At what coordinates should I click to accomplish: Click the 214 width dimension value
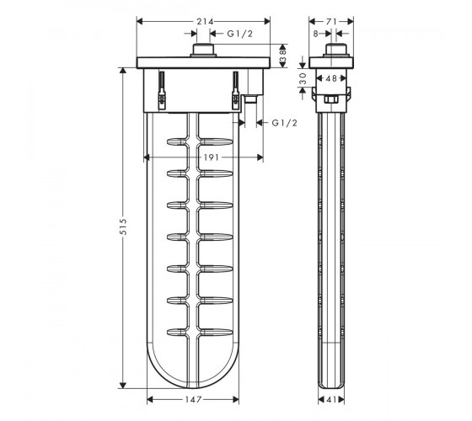pos(205,22)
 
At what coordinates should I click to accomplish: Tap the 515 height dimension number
pos(123,226)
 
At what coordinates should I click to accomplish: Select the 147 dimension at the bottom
pos(193,400)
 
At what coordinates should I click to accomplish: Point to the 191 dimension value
pos(211,157)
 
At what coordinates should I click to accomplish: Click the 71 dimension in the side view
pos(331,22)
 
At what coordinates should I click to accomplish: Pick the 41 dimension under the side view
pos(331,400)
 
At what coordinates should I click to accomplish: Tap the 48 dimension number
pos(331,78)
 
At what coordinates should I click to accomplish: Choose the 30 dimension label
pos(303,79)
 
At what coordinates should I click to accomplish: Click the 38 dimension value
pos(283,56)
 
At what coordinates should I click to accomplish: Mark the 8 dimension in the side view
pos(315,34)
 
